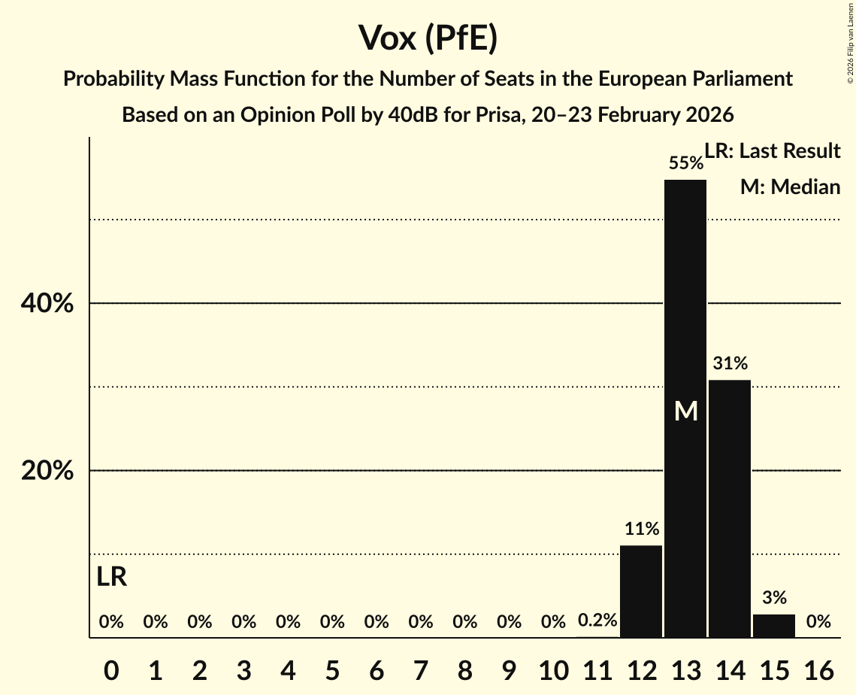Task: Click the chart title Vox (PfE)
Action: [428, 39]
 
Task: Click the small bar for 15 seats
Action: [774, 625]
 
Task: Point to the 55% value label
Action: [685, 163]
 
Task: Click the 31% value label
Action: [730, 364]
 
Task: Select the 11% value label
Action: [641, 529]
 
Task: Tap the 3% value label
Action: [774, 598]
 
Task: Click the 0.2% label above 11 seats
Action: [597, 621]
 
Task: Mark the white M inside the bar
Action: [685, 411]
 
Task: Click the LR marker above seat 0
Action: [111, 578]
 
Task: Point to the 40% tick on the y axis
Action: [47, 304]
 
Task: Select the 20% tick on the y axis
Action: [47, 471]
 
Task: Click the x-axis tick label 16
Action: [818, 668]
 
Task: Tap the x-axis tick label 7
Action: [421, 668]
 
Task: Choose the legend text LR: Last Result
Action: [772, 151]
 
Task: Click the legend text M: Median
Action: [790, 187]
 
